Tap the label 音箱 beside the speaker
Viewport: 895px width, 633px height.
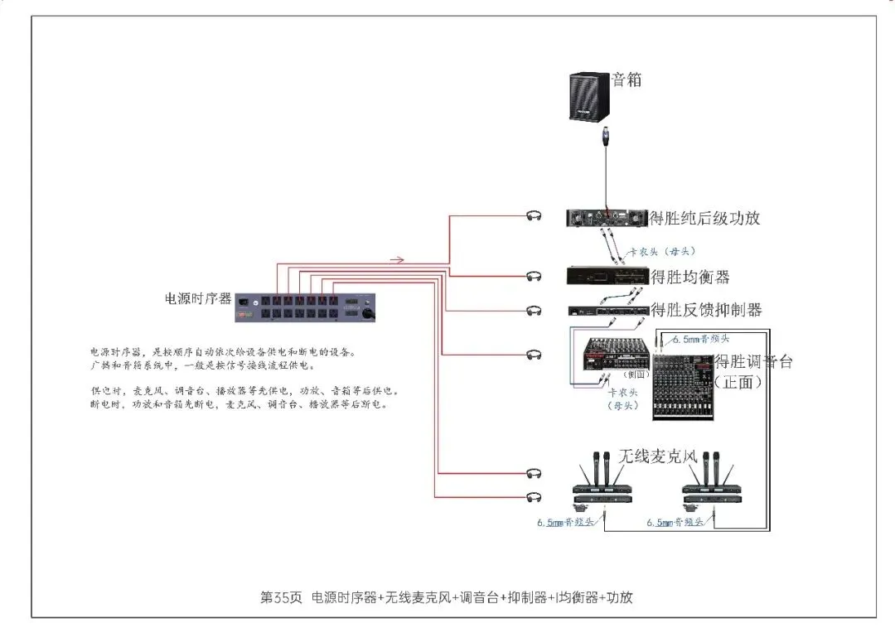(x=626, y=80)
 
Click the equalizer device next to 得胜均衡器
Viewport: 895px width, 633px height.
(x=607, y=276)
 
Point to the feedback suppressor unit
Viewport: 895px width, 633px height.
(x=607, y=311)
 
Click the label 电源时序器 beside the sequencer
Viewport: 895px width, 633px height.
(x=198, y=298)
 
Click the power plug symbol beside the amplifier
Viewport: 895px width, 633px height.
(x=535, y=216)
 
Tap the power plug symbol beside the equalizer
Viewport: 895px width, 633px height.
(x=535, y=275)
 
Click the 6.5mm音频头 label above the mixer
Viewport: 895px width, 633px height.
(x=701, y=339)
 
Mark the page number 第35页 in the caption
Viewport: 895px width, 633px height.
(x=281, y=597)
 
